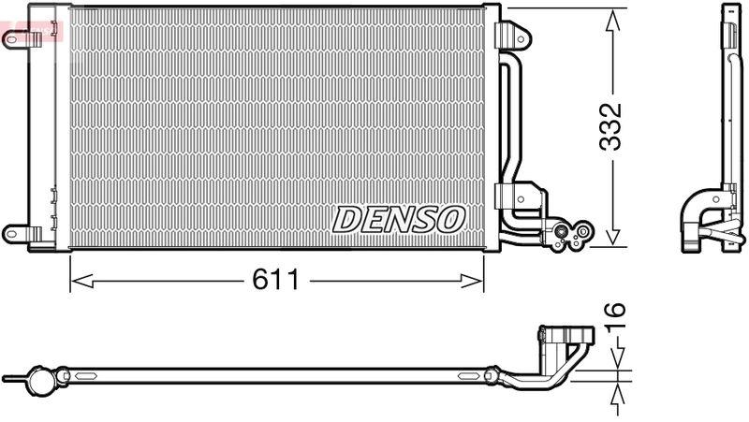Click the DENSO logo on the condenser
point(399,219)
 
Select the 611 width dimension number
point(276,279)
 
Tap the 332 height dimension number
point(611,127)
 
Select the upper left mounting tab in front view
point(15,38)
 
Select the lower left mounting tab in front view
point(15,231)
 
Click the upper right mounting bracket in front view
point(511,32)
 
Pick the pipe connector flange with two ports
point(570,236)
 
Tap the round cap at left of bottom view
point(42,379)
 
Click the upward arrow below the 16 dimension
point(618,398)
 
